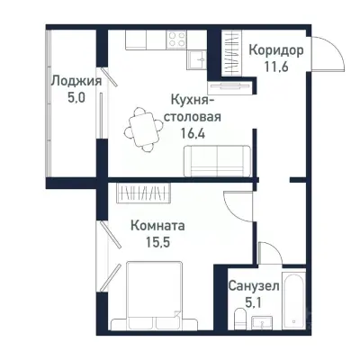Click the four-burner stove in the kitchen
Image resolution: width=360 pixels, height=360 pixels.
tap(177, 40)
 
